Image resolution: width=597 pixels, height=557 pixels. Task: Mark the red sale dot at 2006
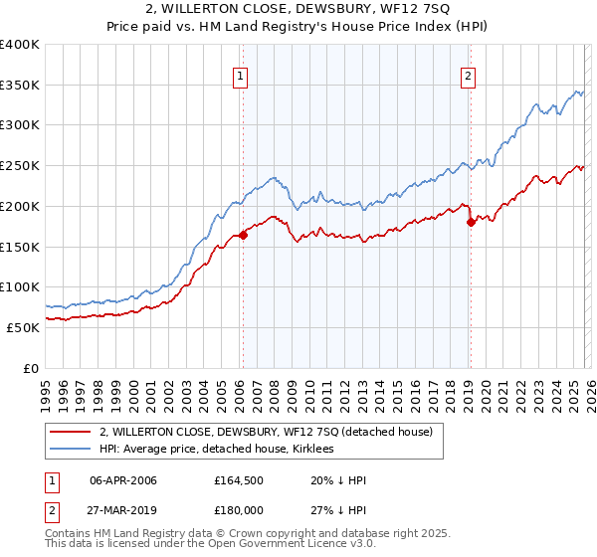[243, 236]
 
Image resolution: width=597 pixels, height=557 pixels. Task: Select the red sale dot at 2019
[471, 223]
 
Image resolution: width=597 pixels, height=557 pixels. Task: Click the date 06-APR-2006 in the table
[123, 480]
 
